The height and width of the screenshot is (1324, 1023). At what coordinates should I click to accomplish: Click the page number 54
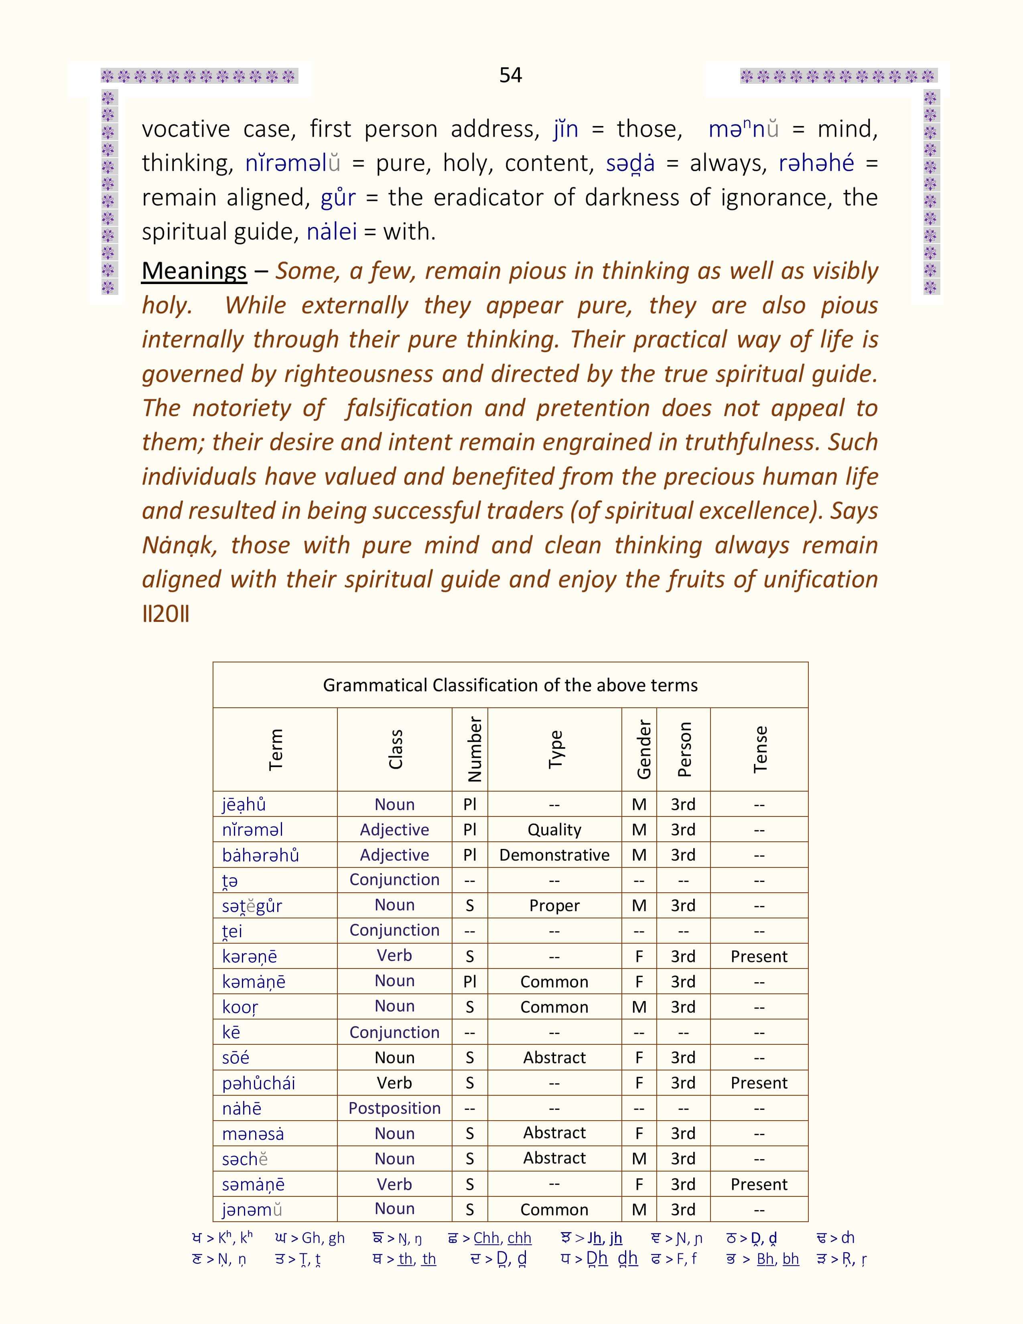pos(510,75)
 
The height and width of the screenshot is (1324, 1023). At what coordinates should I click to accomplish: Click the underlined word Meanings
pos(194,271)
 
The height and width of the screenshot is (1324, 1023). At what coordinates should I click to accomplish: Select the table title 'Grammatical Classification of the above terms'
pos(510,685)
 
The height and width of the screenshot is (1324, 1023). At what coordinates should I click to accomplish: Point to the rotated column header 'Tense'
pos(759,749)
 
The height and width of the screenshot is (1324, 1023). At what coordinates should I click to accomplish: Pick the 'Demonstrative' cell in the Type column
pos(554,855)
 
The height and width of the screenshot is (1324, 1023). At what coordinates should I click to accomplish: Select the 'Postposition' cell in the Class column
pos(394,1108)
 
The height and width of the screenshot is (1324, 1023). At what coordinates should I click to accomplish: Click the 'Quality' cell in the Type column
pos(554,829)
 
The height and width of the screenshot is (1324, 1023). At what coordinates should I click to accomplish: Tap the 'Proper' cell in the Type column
pos(554,905)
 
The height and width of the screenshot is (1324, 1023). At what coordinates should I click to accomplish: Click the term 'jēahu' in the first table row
pos(244,804)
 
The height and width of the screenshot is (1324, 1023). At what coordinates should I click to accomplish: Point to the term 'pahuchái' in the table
pos(258,1083)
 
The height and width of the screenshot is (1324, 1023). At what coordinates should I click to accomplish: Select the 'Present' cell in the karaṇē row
pos(759,956)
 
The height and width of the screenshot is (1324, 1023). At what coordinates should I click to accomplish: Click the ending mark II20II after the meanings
pos(165,614)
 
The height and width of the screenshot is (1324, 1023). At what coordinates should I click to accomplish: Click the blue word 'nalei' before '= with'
pos(331,231)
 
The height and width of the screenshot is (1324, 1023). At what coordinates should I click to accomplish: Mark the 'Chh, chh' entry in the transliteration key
pos(502,1238)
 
